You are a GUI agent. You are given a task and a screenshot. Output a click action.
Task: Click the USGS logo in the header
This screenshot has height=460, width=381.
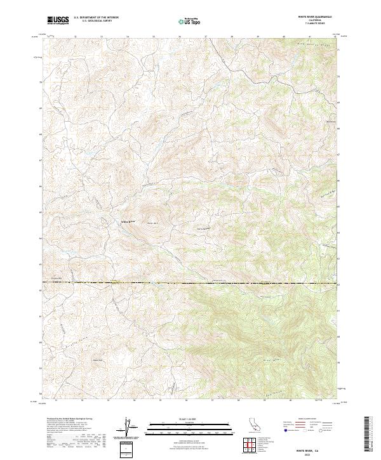point(58,20)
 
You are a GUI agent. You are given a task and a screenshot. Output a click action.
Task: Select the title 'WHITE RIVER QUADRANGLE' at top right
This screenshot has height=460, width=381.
point(315,17)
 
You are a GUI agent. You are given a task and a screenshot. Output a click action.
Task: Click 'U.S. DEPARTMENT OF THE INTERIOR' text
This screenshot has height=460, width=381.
point(96,18)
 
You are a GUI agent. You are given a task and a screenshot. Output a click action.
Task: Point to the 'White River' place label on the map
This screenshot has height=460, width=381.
point(129,221)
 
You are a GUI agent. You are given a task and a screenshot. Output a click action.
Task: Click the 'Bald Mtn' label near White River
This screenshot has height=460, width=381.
point(152,223)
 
